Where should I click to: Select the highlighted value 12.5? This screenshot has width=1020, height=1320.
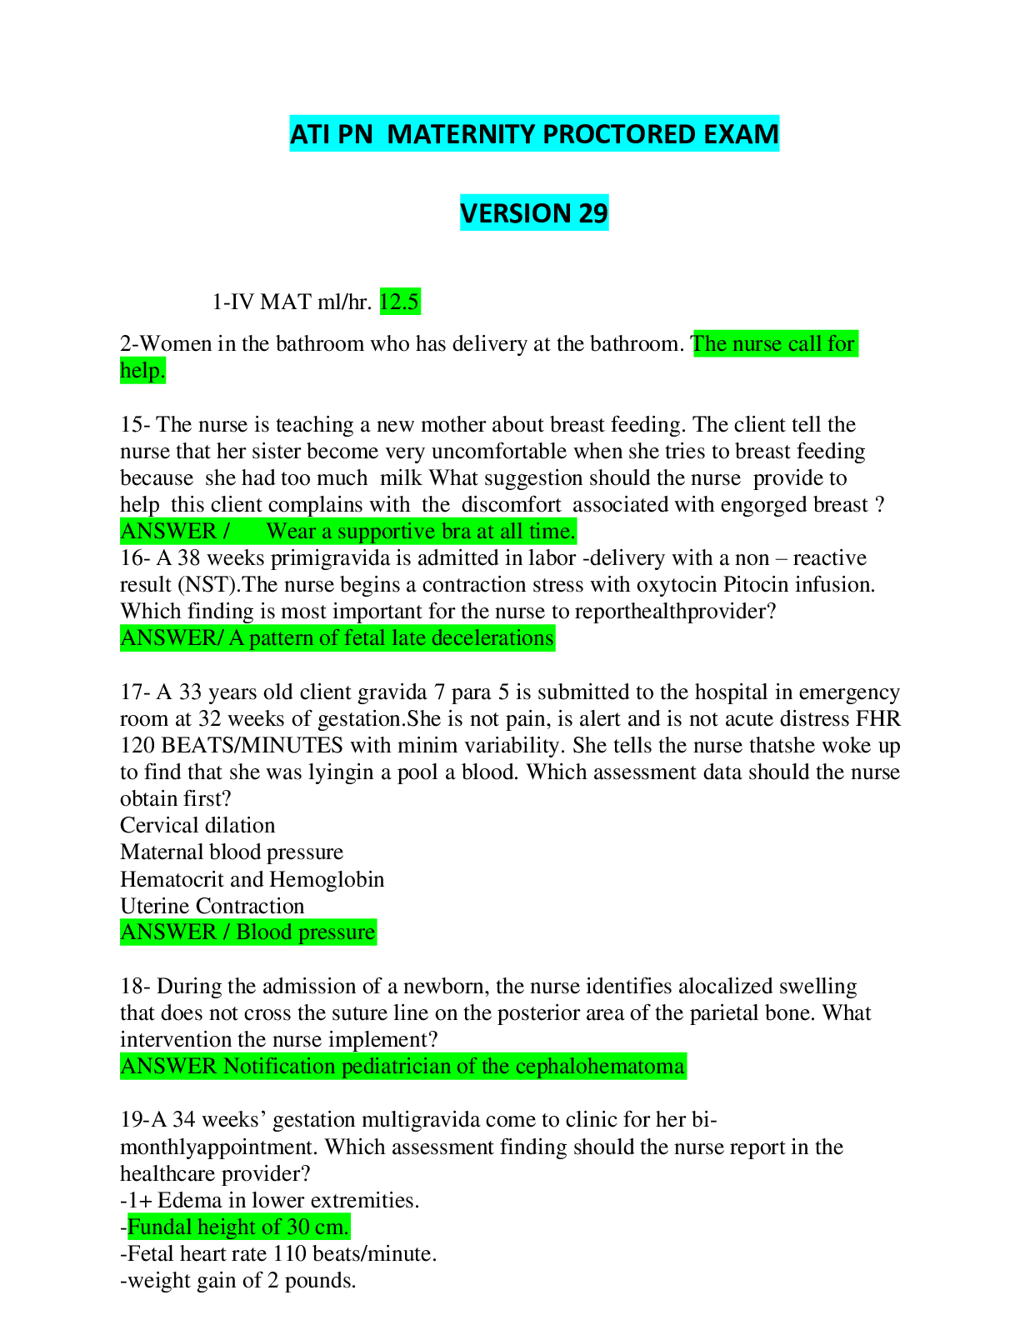[x=400, y=302]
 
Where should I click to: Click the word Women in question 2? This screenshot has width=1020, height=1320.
[x=176, y=344]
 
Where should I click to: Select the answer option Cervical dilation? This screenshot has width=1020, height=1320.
[x=197, y=826]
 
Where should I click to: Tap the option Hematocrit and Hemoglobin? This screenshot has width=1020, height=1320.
[x=252, y=879]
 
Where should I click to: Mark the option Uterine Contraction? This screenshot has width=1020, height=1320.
[x=212, y=906]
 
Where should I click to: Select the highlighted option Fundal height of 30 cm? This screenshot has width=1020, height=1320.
[x=238, y=1227]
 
